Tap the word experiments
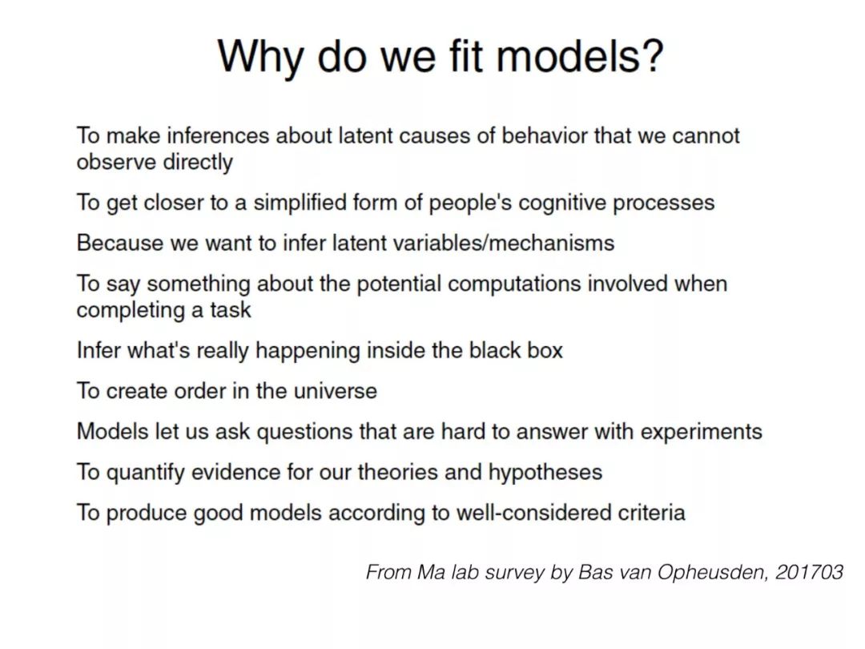[x=701, y=432]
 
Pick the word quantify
[x=145, y=473]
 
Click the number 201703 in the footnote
[x=809, y=572]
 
